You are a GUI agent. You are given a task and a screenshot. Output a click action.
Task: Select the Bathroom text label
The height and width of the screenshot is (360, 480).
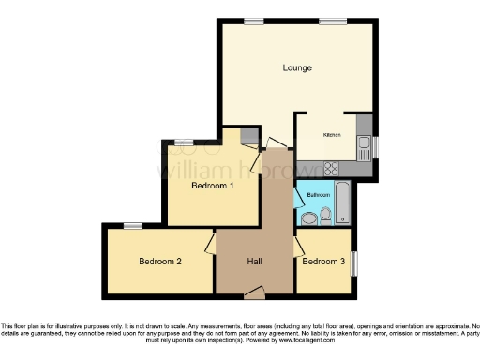coord(318,194)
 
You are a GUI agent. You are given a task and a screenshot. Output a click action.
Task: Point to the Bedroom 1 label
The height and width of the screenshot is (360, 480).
coord(212,186)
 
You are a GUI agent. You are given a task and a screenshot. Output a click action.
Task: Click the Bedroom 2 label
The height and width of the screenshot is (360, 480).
coord(159,261)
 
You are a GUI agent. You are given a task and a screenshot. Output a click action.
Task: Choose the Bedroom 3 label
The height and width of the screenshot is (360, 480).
coord(323,261)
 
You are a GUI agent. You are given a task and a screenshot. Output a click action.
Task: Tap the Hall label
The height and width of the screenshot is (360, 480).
coord(254,261)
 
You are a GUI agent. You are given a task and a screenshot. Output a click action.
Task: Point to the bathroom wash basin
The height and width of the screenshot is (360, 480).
coord(307,217)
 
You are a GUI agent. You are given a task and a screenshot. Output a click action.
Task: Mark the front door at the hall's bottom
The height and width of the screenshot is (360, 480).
coord(254,293)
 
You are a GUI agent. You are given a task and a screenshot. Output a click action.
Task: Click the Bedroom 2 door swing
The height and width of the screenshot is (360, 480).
coord(210,247)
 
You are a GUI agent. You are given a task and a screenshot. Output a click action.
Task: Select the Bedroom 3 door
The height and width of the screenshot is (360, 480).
coord(297,247)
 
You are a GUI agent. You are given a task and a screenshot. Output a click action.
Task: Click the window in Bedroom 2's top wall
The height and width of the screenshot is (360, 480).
coord(132,225)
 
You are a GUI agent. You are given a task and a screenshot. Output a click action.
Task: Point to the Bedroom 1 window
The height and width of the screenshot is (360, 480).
coord(184,142)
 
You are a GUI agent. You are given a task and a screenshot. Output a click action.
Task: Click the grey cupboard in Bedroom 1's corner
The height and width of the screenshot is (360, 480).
coord(248,137)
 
